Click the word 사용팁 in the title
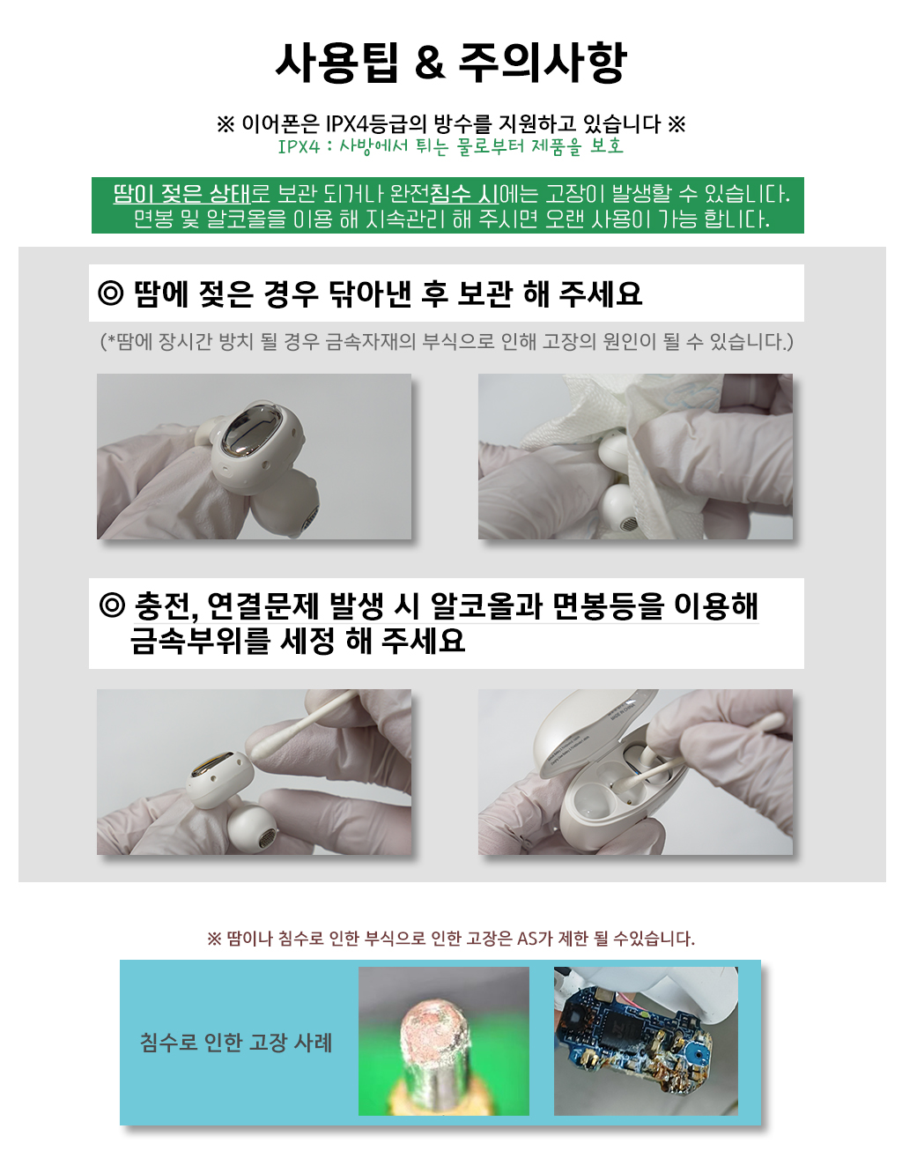tap(337, 63)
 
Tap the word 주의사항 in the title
tap(543, 63)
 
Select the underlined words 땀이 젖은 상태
tap(181, 194)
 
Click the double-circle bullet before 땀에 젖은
tap(111, 293)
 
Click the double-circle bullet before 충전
tap(112, 605)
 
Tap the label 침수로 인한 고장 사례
tap(236, 1043)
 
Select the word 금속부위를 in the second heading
tap(200, 641)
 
